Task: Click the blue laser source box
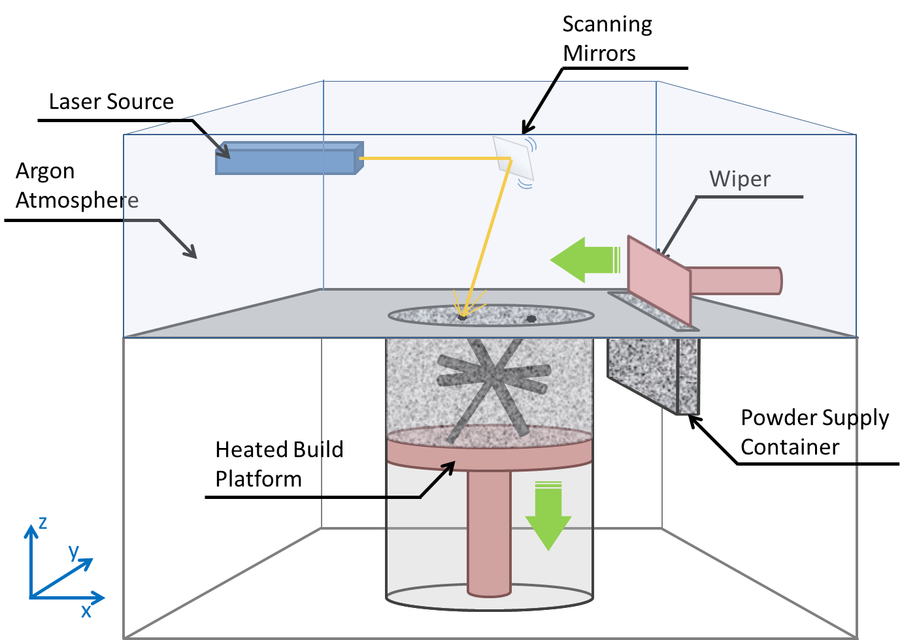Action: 288,159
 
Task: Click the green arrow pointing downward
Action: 548,516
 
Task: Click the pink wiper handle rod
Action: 735,280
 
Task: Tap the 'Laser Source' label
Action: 111,102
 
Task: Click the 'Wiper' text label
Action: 739,180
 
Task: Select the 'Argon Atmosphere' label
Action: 76,185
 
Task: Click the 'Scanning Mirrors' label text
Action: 607,39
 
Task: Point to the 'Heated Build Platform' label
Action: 278,464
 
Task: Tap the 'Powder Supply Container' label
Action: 814,432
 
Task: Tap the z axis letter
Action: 42,522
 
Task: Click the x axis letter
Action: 86,611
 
